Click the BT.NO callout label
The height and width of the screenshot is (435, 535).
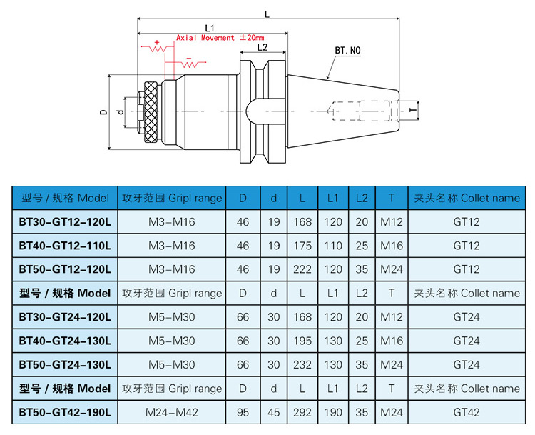pos(348,51)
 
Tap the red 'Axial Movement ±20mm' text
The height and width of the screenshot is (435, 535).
pos(220,37)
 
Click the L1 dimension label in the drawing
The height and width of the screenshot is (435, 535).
pos(210,27)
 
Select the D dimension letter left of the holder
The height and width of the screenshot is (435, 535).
pos(103,112)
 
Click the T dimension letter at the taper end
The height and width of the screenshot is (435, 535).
pos(412,112)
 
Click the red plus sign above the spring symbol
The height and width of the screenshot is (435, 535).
pos(157,43)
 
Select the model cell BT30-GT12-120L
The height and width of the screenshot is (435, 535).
pos(65,221)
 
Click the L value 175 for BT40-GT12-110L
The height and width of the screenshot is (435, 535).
pos(302,246)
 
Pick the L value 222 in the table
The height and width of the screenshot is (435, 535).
pos(302,269)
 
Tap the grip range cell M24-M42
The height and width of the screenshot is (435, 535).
pos(171,412)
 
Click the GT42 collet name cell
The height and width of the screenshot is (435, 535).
pos(467,412)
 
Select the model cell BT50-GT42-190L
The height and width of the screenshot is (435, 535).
pos(65,412)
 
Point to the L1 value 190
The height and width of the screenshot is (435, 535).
pos(333,412)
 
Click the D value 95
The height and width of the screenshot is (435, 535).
pos(243,412)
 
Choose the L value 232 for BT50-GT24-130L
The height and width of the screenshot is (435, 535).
pos(302,364)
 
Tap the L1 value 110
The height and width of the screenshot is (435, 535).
pos(333,246)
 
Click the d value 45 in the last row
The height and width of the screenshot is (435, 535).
pos(274,412)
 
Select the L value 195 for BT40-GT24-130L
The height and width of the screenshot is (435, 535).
pos(302,341)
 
